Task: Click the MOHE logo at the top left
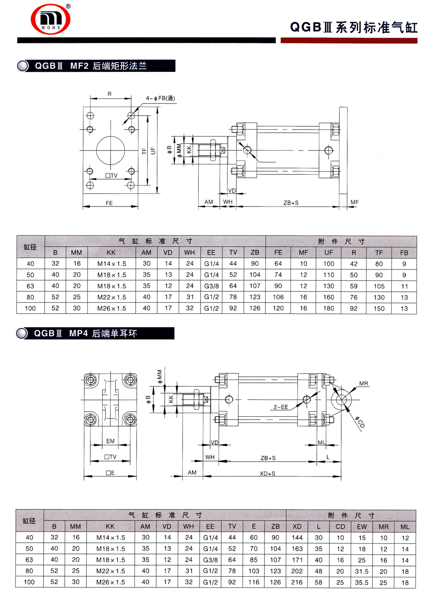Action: [51, 20]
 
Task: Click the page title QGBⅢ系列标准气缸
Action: [354, 28]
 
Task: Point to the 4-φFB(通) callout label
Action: [160, 98]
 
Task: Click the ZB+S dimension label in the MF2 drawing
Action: [291, 203]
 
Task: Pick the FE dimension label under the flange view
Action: [109, 203]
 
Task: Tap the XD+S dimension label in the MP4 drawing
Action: [267, 473]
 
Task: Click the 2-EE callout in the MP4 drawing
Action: [281, 407]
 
